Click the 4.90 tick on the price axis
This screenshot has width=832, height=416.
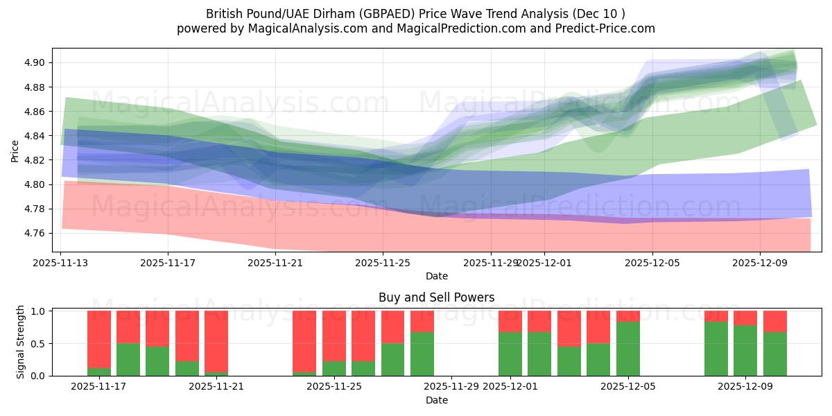pos(35,62)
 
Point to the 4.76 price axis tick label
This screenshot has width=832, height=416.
pos(35,233)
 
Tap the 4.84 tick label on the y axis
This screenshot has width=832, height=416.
pos(35,136)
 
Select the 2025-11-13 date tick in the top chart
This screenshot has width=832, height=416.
pos(60,263)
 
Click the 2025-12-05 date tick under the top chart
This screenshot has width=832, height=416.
pos(652,263)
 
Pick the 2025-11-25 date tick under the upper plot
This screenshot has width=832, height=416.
pos(383,263)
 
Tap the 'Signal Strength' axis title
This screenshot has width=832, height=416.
pos(21,341)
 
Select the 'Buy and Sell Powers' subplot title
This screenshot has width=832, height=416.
pos(436,297)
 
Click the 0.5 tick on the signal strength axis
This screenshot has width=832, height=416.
pos(38,343)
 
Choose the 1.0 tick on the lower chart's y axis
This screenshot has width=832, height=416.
pos(38,311)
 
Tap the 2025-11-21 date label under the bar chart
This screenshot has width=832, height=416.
pos(216,387)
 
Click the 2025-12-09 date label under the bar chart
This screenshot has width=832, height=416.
pos(745,387)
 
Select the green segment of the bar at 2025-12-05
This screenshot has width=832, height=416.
pos(628,349)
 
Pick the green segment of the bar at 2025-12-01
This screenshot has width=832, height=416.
pos(510,354)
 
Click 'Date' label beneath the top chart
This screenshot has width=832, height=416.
pos(436,276)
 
